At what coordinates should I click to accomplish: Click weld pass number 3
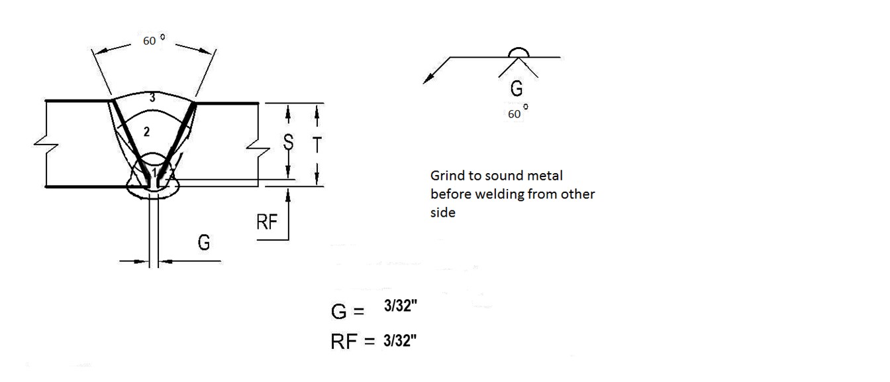(152, 97)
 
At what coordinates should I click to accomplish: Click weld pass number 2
(146, 132)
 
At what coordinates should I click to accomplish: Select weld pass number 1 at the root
(154, 172)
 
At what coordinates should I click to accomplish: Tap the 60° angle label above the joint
(154, 40)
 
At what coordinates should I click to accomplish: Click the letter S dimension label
(289, 142)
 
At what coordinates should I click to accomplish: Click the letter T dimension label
(317, 145)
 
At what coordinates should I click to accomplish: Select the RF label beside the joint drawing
(267, 222)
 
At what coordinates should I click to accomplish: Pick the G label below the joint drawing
(204, 242)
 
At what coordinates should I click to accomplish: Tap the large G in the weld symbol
(517, 88)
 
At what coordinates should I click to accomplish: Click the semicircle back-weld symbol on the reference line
(519, 52)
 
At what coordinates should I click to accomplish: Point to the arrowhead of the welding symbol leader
(426, 80)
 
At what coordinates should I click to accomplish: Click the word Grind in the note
(446, 176)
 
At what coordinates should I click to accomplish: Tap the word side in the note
(442, 212)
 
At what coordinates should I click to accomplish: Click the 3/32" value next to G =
(401, 306)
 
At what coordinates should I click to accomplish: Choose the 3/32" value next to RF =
(400, 341)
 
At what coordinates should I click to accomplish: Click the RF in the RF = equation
(344, 342)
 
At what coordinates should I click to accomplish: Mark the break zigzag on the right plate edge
(258, 149)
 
